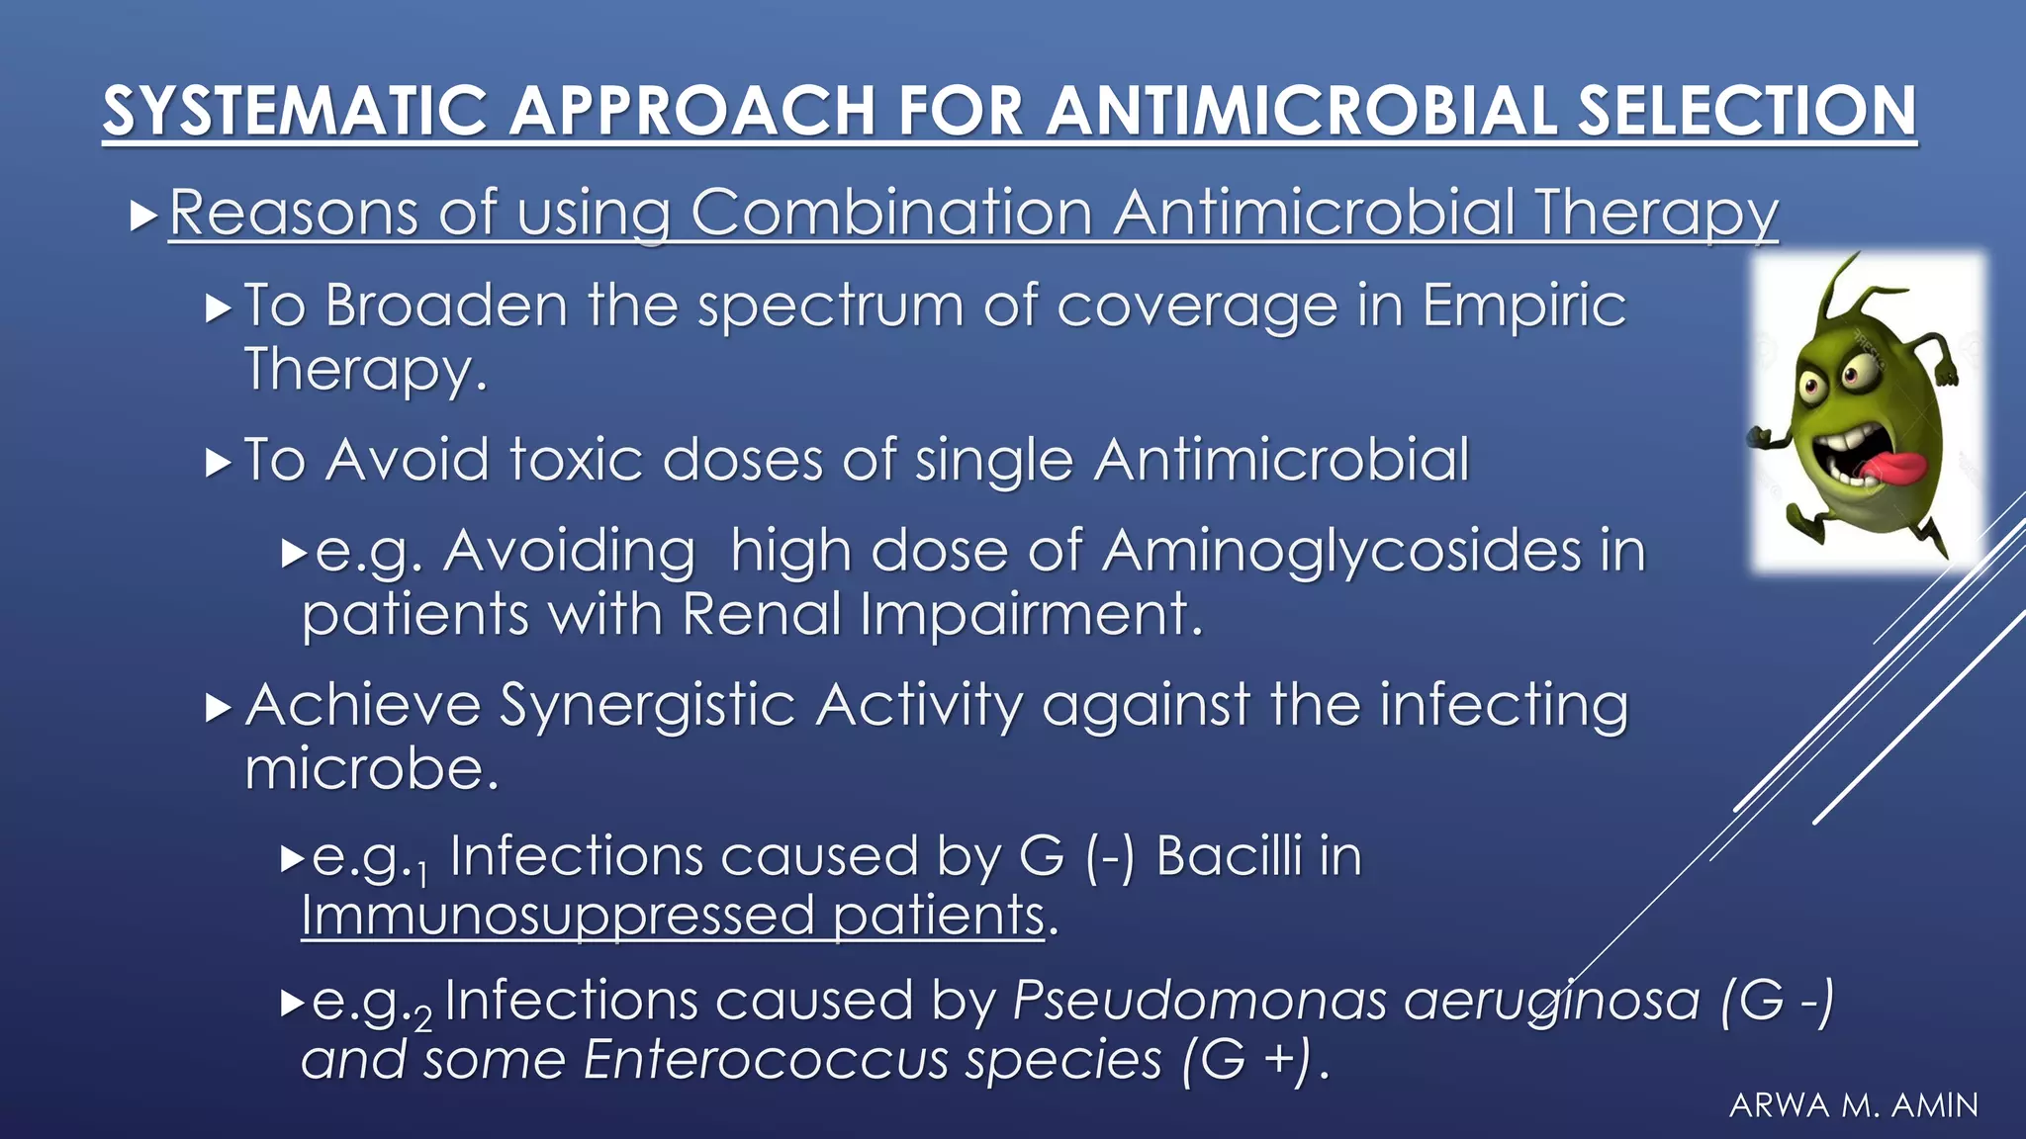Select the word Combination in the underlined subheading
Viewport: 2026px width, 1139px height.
[x=890, y=213]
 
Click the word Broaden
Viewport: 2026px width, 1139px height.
[x=446, y=305]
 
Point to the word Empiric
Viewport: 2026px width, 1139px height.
[x=1523, y=307]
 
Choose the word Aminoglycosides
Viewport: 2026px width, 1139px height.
[x=1341, y=551]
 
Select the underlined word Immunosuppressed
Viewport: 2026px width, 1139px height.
[x=557, y=916]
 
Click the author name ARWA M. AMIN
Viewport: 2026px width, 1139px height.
[x=1853, y=1105]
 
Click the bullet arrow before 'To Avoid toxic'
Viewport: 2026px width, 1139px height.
[x=218, y=462]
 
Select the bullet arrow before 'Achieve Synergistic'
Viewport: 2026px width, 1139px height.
[x=218, y=707]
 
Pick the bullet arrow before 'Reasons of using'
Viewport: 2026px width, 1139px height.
[x=143, y=214]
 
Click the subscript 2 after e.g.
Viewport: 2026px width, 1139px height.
[x=422, y=1018]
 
